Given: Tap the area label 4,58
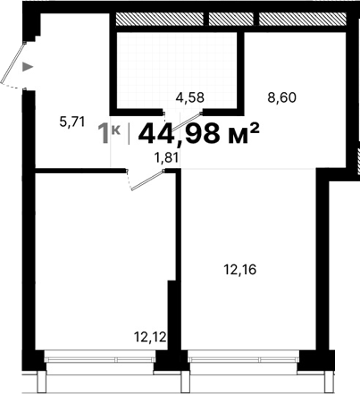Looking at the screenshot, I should [188, 96].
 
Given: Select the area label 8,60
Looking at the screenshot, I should [281, 97].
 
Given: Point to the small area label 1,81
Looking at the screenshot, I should [167, 158].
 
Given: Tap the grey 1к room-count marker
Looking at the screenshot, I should [109, 133].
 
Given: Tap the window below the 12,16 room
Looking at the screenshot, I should [241, 360].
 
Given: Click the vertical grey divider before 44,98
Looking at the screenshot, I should [130, 133].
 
